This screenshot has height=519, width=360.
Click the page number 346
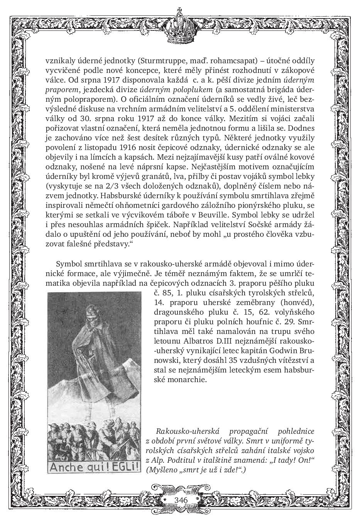click(181, 500)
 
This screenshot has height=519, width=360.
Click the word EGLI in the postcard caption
click(123, 467)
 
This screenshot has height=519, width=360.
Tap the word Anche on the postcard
click(64, 467)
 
